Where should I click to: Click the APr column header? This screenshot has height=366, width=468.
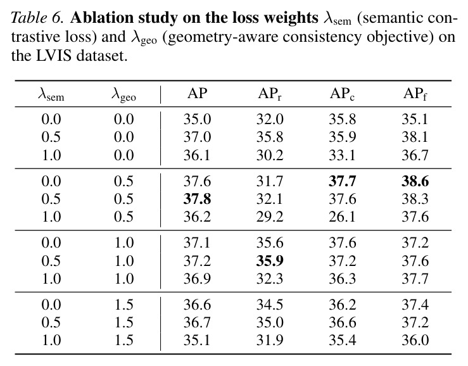[270, 94]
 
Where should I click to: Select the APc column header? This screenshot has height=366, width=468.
[343, 94]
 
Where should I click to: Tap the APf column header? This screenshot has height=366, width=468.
[415, 94]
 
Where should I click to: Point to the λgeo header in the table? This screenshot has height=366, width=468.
[123, 95]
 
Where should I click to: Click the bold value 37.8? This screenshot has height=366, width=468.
[197, 199]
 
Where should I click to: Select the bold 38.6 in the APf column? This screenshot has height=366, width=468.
[415, 181]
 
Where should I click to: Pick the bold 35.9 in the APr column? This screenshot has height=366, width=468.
[270, 261]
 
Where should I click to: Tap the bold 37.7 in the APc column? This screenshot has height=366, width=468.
[343, 181]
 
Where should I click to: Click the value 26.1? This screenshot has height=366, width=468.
[343, 217]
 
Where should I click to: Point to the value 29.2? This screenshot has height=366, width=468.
[270, 217]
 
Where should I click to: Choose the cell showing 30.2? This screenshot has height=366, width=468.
[270, 155]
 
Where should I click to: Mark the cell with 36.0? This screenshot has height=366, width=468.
[415, 340]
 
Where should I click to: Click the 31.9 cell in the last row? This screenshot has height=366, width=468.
[270, 340]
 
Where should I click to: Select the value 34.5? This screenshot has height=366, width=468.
[270, 305]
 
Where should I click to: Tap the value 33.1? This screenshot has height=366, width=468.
[343, 155]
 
